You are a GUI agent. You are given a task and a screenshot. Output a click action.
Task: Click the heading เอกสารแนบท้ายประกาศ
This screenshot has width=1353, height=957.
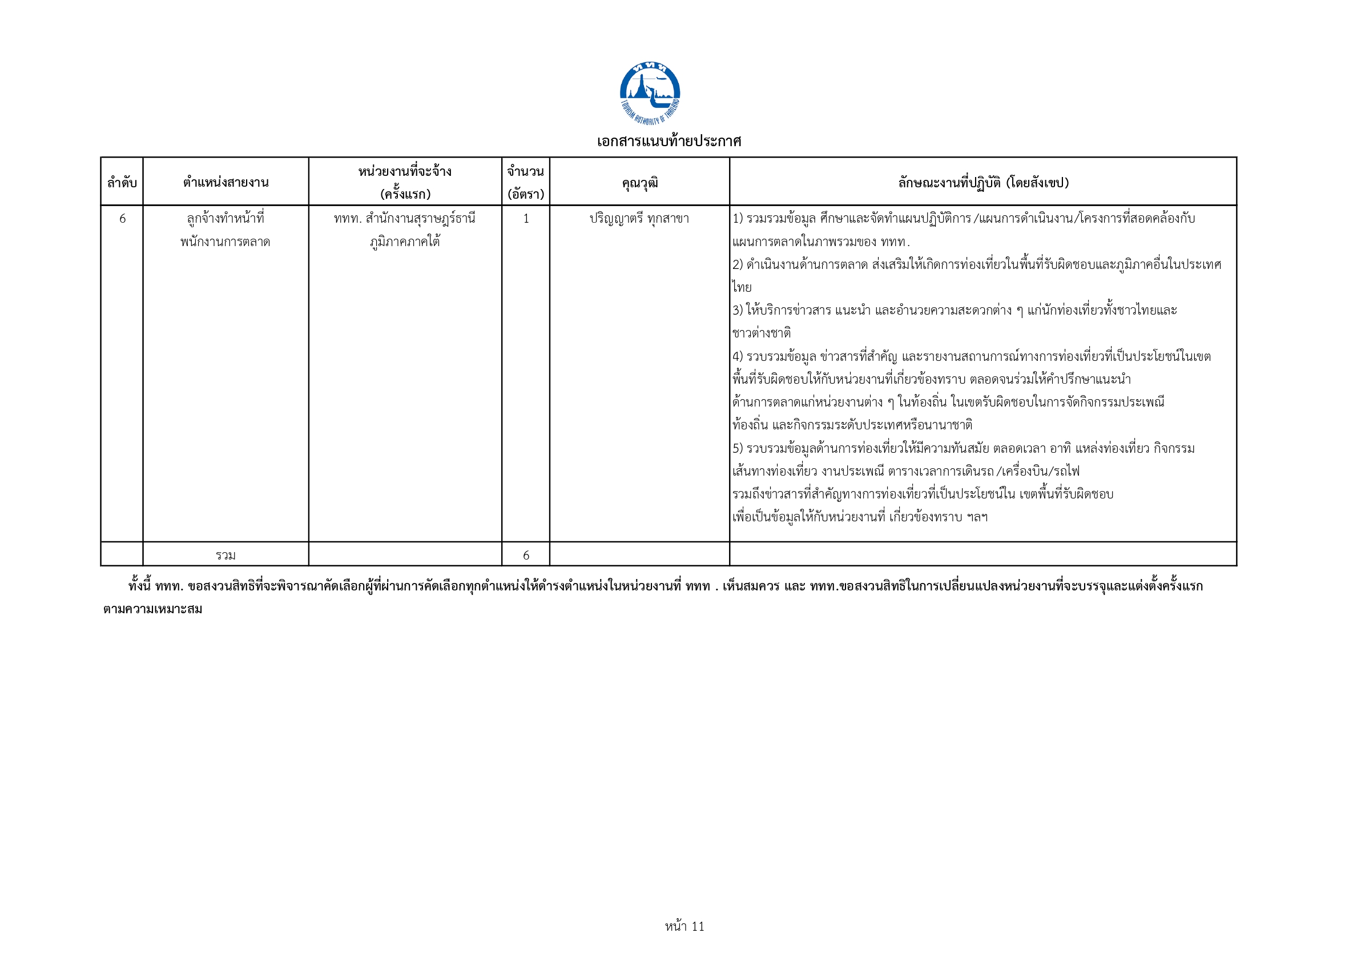click(x=669, y=142)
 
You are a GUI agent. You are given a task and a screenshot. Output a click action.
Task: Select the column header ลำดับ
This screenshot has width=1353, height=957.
click(x=122, y=183)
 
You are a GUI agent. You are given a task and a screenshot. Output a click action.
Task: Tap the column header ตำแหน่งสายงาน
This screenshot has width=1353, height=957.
click(x=226, y=183)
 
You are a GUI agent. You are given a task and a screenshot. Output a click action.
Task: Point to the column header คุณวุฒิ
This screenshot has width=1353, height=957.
click(x=639, y=183)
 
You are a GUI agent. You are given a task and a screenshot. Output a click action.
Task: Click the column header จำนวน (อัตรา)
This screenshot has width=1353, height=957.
click(x=526, y=183)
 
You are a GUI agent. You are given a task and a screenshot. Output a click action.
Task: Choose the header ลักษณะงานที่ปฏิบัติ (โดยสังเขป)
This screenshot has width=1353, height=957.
click(x=983, y=183)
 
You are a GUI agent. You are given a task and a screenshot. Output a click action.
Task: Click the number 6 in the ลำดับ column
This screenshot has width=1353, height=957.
click(x=123, y=219)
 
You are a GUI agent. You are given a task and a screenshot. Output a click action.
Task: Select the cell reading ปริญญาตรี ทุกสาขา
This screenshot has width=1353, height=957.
click(x=639, y=219)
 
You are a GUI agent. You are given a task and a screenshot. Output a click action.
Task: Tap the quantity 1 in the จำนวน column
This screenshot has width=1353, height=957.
click(x=526, y=219)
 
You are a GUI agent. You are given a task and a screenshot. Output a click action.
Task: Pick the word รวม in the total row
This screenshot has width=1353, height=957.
click(x=226, y=555)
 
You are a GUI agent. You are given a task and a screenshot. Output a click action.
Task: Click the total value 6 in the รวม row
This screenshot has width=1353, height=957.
click(x=526, y=555)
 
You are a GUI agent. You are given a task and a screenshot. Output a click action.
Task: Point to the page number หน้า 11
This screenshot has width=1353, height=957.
click(x=684, y=926)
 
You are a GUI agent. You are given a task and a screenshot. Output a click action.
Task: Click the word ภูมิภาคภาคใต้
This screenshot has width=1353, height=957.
click(x=405, y=242)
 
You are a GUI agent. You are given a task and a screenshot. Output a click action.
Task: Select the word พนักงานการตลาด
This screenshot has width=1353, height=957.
click(x=225, y=242)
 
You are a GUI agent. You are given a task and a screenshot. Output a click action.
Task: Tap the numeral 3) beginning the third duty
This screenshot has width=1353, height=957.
click(x=738, y=311)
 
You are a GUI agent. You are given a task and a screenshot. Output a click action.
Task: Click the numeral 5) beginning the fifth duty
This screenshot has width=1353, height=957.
click(x=738, y=448)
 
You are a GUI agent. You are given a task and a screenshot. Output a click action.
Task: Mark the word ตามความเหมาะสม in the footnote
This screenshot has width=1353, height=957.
click(x=152, y=609)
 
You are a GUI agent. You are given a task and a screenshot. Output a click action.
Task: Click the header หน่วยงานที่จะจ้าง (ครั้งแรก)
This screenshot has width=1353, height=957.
click(x=405, y=183)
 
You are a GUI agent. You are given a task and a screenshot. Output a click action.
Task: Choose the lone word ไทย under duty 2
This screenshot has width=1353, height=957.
click(x=742, y=288)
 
